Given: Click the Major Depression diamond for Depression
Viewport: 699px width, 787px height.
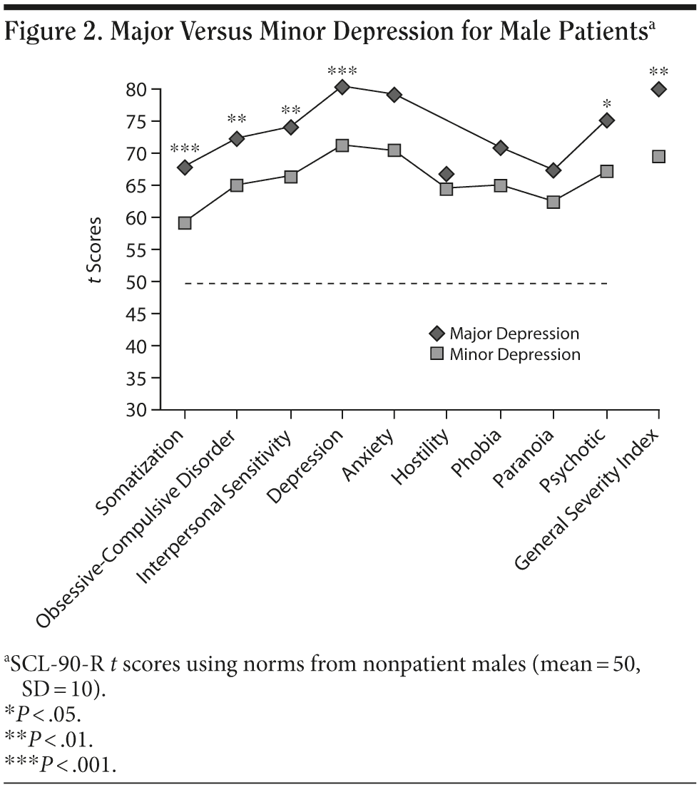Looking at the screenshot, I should coord(342,87).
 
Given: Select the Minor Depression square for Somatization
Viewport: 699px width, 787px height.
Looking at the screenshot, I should coord(185,222).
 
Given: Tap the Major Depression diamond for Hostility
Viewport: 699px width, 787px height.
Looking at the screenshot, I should coord(447,174).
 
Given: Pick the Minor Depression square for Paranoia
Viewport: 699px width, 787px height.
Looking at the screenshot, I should coord(553,202).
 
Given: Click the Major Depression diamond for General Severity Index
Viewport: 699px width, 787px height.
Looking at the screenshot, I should coord(658,89).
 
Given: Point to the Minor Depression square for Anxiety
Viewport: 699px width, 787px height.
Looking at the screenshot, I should coord(394,150).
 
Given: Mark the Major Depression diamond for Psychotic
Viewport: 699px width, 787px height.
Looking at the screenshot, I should coord(606,120).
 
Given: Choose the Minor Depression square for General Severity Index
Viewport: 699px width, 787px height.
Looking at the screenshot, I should coord(658,156).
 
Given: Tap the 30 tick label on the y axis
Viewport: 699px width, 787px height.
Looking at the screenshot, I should coord(137,411).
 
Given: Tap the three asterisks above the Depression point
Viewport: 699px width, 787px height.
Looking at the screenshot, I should coord(342,71).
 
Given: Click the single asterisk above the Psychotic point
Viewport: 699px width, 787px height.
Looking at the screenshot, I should coord(606,105).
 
